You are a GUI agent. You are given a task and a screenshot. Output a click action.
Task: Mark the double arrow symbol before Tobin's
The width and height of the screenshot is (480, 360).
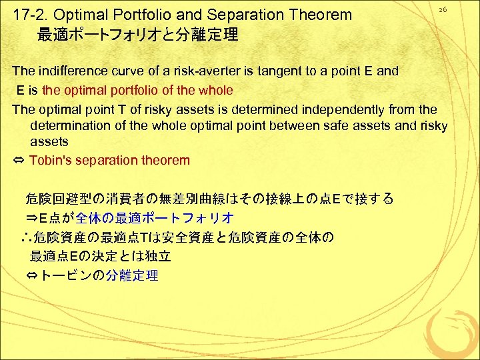[x=19, y=161]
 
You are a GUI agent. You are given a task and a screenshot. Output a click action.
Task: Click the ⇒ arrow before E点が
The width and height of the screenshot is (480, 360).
[x=32, y=218]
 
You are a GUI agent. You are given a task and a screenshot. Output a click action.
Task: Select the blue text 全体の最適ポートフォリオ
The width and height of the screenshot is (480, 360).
[x=155, y=218]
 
